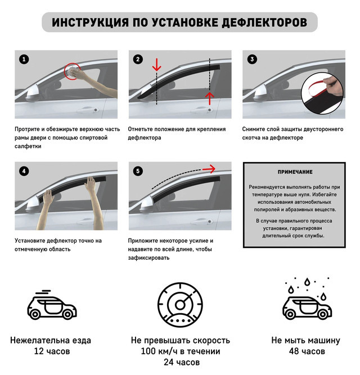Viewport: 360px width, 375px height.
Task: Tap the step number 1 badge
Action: (24, 59)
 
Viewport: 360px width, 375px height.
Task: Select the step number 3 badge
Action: (252, 59)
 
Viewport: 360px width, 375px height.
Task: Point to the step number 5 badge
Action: (138, 171)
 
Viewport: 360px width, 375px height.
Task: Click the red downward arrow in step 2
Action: (157, 64)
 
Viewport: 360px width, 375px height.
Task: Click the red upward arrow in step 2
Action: (210, 98)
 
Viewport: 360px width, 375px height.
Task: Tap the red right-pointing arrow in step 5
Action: (209, 169)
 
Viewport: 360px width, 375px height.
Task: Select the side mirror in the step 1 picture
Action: (33, 93)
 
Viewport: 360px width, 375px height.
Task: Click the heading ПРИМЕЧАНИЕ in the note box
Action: (295, 172)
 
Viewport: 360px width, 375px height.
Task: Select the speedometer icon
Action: (180, 305)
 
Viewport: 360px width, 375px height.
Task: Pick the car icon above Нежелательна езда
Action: (52, 305)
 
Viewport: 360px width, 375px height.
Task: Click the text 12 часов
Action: (52, 351)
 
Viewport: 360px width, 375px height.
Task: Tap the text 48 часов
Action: (307, 351)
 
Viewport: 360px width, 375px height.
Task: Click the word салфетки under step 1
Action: (28, 146)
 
